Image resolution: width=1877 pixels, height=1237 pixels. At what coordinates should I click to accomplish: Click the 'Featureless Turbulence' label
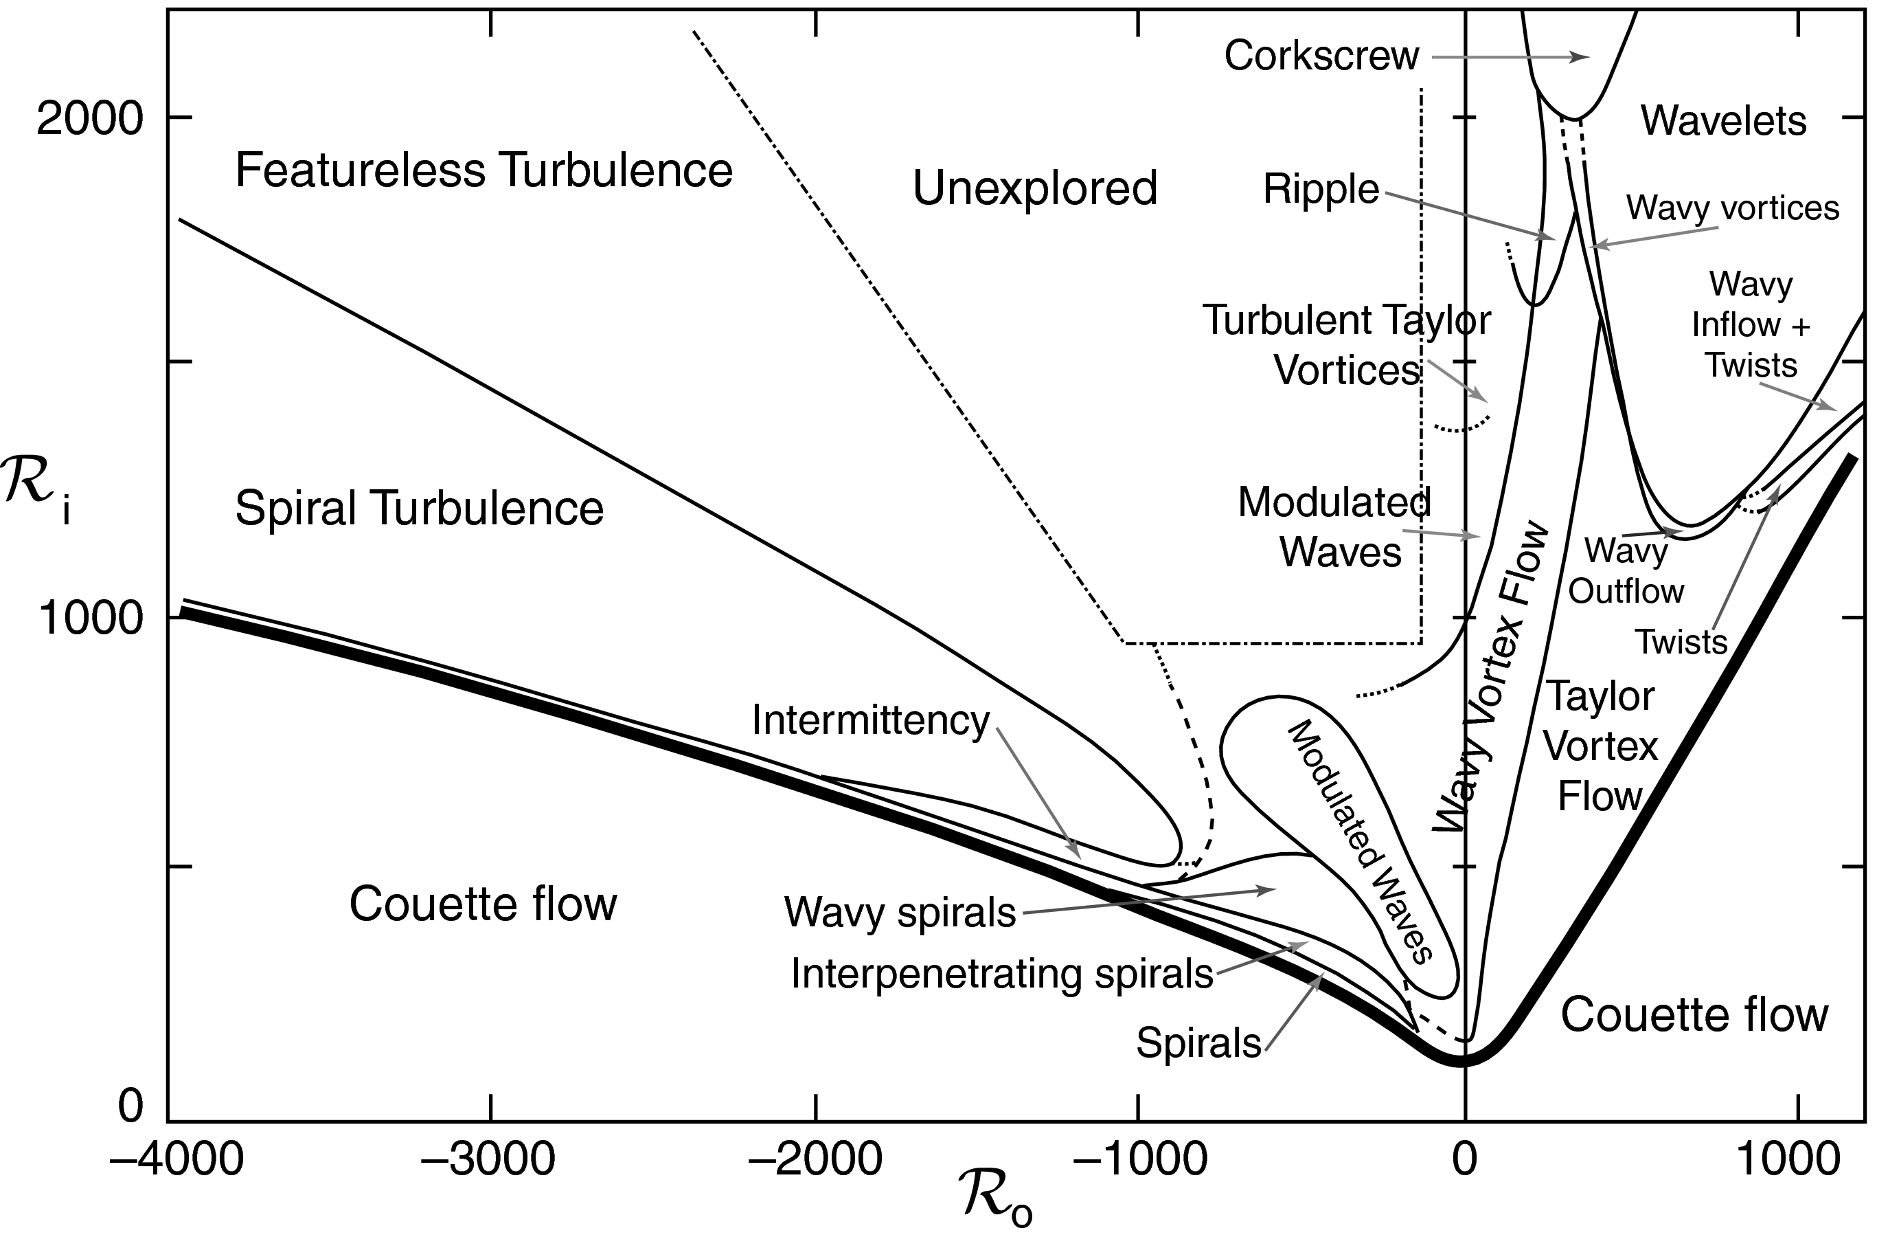point(484,170)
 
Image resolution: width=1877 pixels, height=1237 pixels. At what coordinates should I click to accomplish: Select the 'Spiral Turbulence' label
point(420,508)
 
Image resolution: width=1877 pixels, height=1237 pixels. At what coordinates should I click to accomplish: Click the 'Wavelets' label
point(1724,122)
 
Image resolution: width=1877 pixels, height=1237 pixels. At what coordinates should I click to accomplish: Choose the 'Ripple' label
point(1321,190)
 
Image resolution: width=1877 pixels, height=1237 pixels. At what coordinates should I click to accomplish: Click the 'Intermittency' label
point(871,721)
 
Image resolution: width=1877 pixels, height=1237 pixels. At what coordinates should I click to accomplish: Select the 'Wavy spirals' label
point(900,913)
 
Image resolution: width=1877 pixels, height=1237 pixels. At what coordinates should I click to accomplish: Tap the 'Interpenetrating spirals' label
point(1001,974)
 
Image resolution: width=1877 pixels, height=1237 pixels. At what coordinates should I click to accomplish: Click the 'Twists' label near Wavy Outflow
point(1681,642)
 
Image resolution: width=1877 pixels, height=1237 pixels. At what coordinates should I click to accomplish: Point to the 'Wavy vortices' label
point(1733,208)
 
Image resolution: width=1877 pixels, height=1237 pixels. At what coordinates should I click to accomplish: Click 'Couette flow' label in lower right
point(1694,1014)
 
